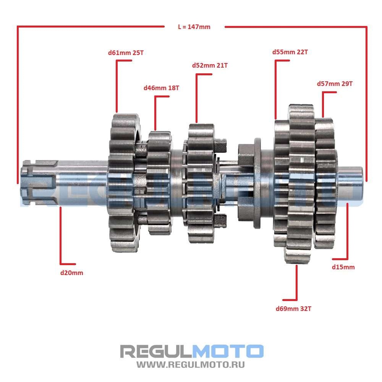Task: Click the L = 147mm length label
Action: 194,27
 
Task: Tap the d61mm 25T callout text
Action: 126,53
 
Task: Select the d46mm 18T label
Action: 161,88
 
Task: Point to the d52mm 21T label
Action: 210,65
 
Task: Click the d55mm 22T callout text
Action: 290,52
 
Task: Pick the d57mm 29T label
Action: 335,84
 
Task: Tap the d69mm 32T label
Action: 293,309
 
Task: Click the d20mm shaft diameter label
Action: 72,273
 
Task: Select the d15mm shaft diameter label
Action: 343,267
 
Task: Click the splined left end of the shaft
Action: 39,182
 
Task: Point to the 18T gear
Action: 159,183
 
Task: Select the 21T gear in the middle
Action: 201,183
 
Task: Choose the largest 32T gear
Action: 301,184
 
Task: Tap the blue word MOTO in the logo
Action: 228,351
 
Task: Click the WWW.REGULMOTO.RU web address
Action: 191,365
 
